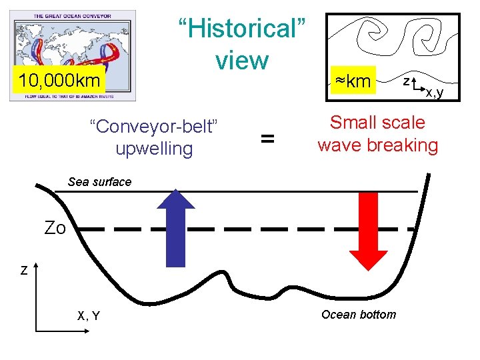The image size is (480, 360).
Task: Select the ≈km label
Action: click(x=353, y=81)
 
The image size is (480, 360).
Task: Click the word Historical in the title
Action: click(x=241, y=29)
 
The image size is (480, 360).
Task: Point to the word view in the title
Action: click(x=241, y=61)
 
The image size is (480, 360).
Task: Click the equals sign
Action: click(x=267, y=138)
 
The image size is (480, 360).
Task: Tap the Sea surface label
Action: click(x=100, y=182)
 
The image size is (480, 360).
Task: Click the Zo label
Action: click(x=55, y=229)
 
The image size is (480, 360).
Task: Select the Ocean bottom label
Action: click(x=358, y=315)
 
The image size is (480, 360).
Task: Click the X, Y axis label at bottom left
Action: click(x=89, y=316)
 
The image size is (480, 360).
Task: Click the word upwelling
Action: click(x=154, y=148)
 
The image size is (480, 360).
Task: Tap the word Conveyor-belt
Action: click(x=154, y=126)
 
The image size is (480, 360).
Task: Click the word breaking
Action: click(x=407, y=145)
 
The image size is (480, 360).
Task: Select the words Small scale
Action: click(x=377, y=123)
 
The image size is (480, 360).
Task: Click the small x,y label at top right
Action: click(x=434, y=93)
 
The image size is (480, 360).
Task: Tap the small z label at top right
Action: click(x=405, y=80)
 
